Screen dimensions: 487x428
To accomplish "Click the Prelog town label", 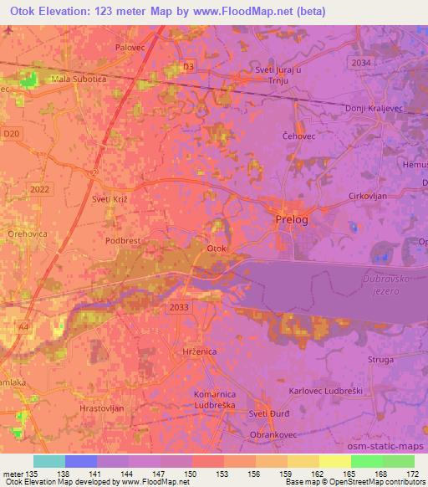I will click(292, 219).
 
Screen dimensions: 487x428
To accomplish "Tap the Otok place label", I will click(216, 249).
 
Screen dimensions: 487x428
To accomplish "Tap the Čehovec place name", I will click(298, 135).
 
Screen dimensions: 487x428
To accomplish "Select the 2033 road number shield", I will click(178, 307).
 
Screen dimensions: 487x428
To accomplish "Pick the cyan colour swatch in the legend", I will click(48, 461).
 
